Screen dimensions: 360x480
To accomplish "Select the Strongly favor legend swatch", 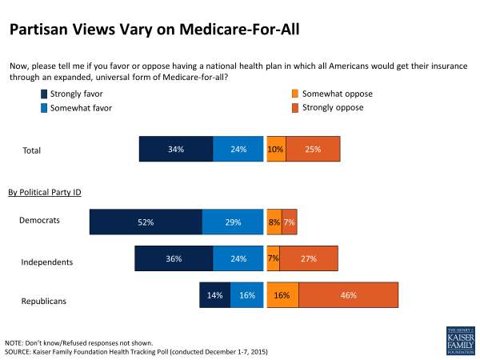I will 44,94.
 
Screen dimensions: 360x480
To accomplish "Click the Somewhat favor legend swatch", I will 44,108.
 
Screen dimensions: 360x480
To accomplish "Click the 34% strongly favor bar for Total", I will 176,150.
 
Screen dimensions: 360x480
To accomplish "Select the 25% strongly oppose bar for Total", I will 313,150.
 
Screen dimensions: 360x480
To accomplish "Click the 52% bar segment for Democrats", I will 146,222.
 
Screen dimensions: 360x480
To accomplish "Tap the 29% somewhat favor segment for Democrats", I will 233,222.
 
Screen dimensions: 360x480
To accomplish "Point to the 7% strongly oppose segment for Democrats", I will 289,222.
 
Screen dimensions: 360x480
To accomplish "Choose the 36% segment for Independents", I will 174,259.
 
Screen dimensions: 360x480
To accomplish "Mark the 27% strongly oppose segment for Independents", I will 308,259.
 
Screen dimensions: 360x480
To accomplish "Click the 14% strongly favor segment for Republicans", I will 214,295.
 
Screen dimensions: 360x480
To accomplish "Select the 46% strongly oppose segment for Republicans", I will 348,295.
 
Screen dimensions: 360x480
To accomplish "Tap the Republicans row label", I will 45,302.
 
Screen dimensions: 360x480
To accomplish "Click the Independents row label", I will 47,262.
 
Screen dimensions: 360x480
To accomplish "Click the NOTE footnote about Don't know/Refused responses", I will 79,342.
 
